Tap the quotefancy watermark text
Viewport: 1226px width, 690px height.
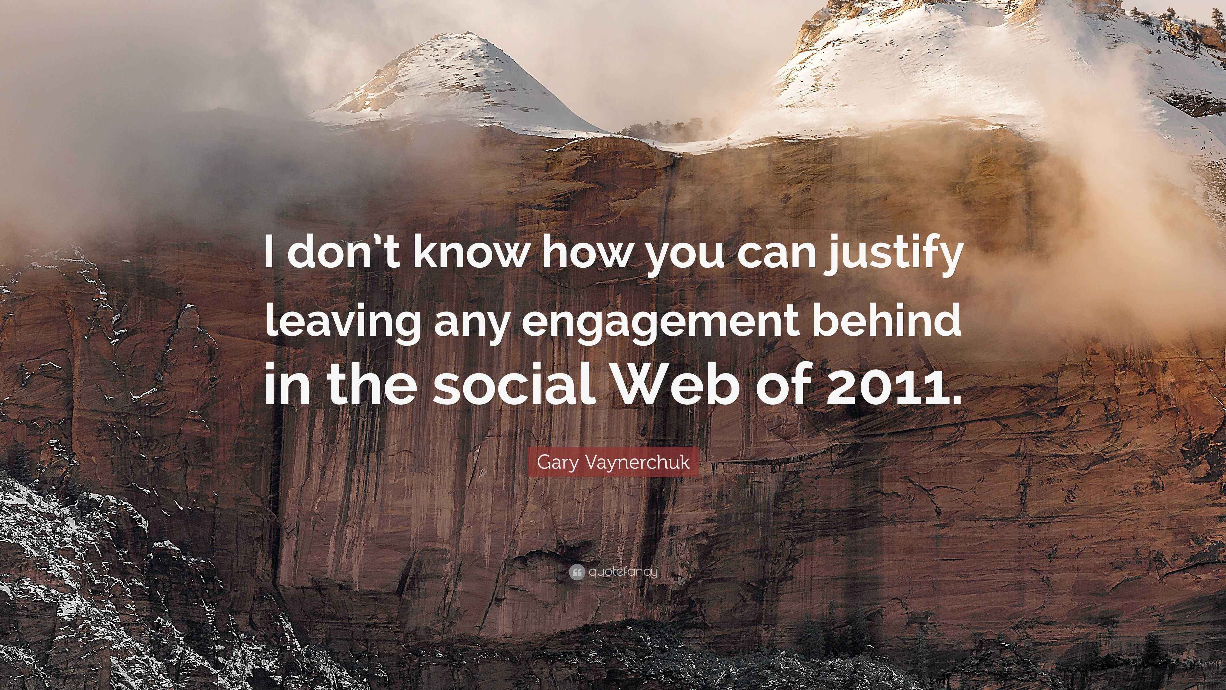(623, 571)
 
